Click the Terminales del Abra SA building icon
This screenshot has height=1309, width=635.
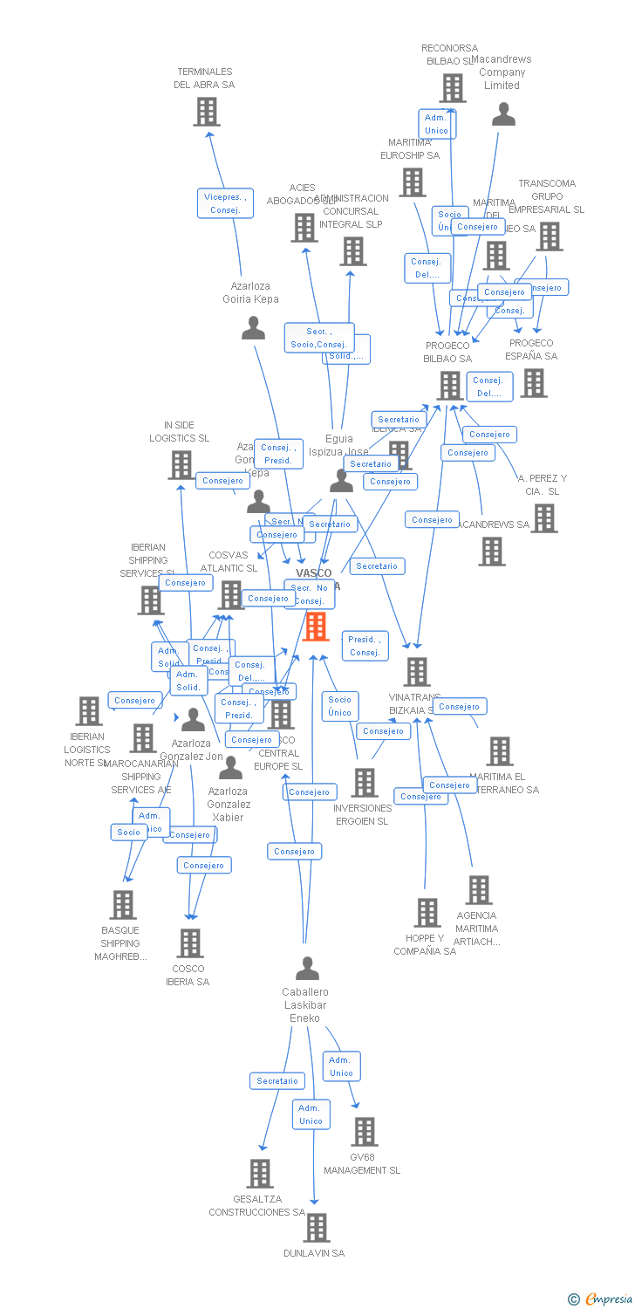pos(206,112)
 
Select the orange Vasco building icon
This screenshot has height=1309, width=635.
pos(316,626)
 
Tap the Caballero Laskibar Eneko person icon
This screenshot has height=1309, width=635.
pos(307,969)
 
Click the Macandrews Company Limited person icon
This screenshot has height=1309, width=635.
pos(503,114)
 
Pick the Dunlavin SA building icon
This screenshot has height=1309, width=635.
pos(316,1227)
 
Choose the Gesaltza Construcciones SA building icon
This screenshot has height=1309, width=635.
pos(259,1174)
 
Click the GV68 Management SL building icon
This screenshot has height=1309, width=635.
pos(364,1132)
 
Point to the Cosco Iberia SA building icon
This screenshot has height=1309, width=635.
pos(190,942)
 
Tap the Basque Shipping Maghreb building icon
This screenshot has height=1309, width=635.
pos(123,904)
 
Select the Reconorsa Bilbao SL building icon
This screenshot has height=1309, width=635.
pos(453,87)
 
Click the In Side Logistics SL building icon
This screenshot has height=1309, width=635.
pos(181,465)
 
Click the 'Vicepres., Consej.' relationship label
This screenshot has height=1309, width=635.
pos(225,203)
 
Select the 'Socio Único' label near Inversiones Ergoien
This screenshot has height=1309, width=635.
pos(340,706)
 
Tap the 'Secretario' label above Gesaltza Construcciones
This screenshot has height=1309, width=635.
pos(277,1081)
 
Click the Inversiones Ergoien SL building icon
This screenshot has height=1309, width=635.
pos(365,783)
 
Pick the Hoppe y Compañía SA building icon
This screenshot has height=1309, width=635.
pos(427,912)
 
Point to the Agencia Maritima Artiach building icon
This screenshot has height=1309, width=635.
pos(478,890)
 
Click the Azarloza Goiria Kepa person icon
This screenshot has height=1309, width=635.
pos(253,328)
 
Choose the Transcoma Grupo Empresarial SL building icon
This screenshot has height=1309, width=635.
pos(549,236)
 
